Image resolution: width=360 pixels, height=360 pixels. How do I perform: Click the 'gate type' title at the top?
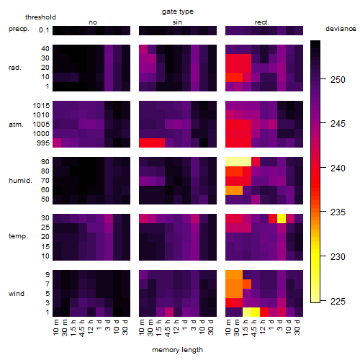coord(178,12)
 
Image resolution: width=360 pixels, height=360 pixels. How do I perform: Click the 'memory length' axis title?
coord(178,350)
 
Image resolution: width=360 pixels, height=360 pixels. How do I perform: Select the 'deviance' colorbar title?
coord(341,29)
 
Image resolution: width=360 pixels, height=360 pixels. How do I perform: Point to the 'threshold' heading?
coord(40,17)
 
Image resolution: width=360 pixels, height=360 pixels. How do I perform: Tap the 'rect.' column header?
coord(262,22)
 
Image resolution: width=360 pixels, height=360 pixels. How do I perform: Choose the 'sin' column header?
coord(177,22)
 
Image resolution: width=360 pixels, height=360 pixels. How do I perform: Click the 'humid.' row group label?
coord(20,181)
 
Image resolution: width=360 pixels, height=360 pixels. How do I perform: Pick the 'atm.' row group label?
coord(16,125)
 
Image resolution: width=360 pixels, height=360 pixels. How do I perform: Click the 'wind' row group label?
coord(17,294)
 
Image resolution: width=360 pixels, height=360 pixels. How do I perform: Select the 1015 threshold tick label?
coord(41,106)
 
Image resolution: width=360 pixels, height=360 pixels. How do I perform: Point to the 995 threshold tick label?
coord(43,143)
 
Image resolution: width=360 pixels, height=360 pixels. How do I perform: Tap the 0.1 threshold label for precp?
coord(44,30)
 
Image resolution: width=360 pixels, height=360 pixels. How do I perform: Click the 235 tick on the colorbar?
coord(338,212)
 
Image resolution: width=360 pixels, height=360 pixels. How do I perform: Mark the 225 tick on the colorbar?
coord(338,302)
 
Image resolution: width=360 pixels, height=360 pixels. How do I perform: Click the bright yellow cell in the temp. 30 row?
coord(282,219)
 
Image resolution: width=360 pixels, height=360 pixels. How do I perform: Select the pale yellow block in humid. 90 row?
coord(238,162)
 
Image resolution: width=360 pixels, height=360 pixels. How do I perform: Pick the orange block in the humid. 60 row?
coord(234,190)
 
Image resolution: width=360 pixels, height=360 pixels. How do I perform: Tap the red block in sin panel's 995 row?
coord(152,143)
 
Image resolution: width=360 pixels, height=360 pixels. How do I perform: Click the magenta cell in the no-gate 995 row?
coord(57,143)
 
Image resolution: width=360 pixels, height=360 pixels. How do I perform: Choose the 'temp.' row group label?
coord(18,236)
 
